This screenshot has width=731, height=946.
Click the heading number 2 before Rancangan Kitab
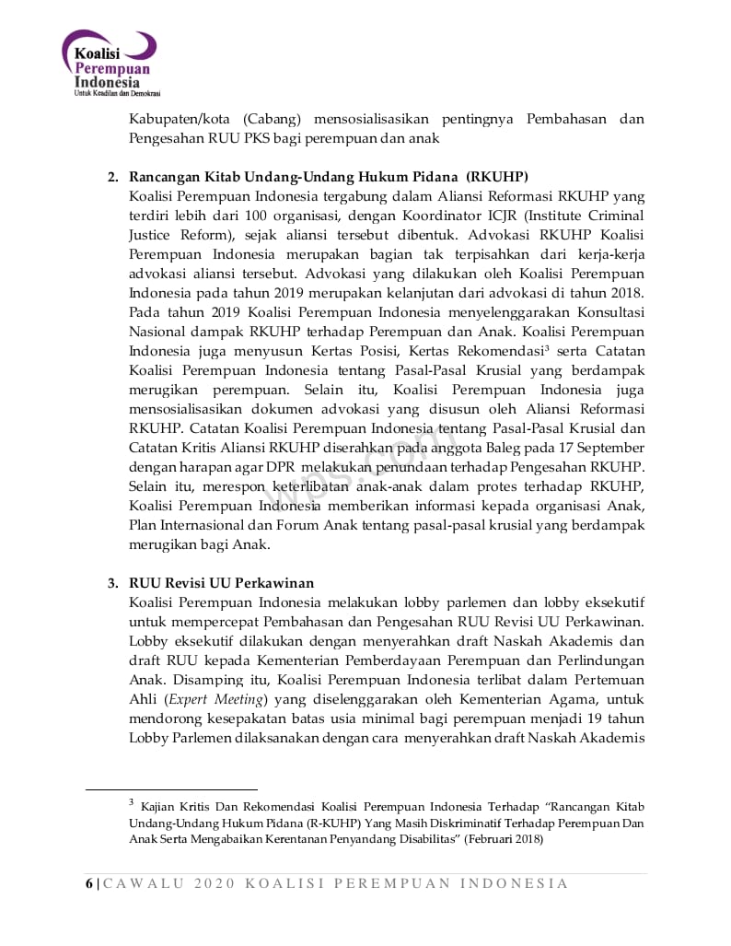(x=112, y=177)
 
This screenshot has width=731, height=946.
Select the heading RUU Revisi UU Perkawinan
(x=222, y=583)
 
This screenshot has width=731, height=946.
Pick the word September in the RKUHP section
(x=611, y=448)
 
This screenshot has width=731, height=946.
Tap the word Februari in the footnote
(x=493, y=839)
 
